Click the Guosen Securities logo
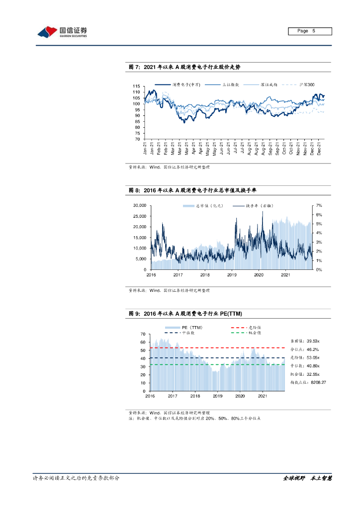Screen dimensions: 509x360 click(63, 32)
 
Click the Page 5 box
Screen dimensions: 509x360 click(310, 31)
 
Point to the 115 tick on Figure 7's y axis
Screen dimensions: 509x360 click(136, 86)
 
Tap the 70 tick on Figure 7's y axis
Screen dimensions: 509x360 click(137, 139)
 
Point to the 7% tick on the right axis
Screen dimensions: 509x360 click(319, 205)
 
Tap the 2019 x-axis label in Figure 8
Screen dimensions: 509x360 click(232, 274)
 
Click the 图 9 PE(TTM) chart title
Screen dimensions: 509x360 click(185, 314)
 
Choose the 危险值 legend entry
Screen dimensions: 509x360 click(253, 328)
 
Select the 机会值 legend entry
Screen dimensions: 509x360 click(253, 333)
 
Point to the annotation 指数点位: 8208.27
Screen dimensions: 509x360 click(308, 382)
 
